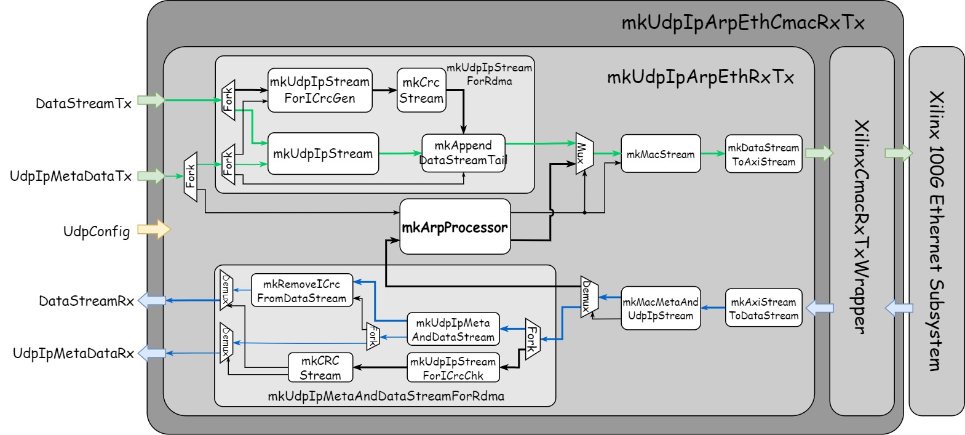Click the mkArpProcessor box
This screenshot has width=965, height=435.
click(455, 227)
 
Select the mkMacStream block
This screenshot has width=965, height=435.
click(661, 154)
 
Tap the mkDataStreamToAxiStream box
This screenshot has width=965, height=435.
click(763, 154)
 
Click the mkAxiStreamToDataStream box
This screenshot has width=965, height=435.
click(763, 308)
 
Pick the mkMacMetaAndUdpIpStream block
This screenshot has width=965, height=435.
click(661, 308)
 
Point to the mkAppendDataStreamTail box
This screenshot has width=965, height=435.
click(463, 153)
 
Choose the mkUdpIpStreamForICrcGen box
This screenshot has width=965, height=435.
click(320, 90)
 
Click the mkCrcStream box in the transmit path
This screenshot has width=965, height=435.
click(421, 90)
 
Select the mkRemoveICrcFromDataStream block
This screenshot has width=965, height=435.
click(302, 290)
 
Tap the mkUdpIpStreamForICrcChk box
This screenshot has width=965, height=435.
click(453, 367)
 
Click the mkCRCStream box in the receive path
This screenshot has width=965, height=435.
click(320, 367)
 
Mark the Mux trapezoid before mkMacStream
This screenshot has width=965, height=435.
click(583, 153)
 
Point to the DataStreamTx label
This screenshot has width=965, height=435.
click(84, 103)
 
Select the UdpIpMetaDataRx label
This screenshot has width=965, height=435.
click(73, 353)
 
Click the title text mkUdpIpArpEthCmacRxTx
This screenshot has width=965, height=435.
click(742, 23)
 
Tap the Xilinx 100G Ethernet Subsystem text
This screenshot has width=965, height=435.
click(936, 231)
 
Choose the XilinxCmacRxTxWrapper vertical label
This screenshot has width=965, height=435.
click(861, 228)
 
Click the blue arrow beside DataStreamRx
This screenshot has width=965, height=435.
click(151, 300)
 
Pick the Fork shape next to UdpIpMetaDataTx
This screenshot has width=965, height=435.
click(191, 177)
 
